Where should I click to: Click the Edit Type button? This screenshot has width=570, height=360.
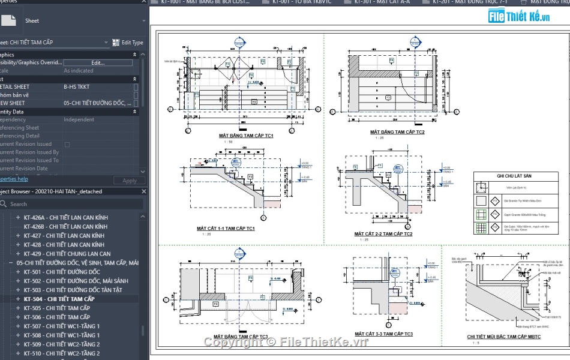(128, 43)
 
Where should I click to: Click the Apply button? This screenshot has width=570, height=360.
(130, 181)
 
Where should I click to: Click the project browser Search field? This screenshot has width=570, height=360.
(72, 204)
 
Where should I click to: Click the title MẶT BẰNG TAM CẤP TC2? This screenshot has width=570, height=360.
(397, 132)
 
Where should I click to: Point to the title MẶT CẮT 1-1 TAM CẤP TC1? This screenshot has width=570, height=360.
(226, 229)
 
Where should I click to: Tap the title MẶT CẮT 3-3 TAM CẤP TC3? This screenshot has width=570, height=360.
(383, 334)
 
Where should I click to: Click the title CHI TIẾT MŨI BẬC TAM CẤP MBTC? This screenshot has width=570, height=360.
(504, 337)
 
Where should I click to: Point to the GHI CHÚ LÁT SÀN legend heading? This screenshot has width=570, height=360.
(514, 176)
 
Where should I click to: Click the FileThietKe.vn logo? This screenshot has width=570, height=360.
(518, 16)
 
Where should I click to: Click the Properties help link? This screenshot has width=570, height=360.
(13, 179)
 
